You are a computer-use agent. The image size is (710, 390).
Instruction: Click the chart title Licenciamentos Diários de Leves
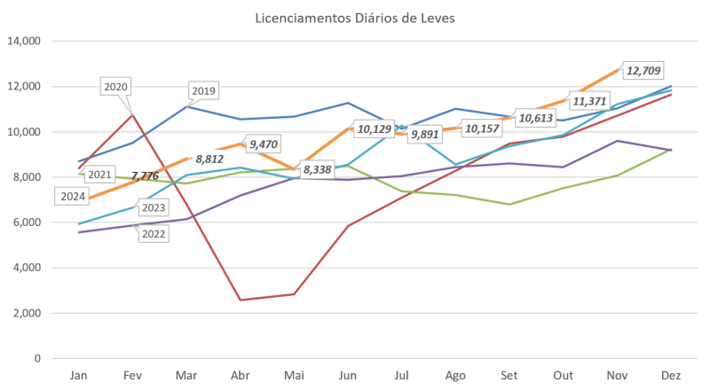click(354, 19)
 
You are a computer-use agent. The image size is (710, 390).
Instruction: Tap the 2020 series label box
click(116, 87)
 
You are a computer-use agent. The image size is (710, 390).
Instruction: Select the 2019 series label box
click(203, 91)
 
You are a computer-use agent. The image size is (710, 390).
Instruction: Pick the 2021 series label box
click(75, 175)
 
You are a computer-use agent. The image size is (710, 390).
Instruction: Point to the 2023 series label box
click(153, 208)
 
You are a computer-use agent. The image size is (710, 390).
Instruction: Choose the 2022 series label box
click(153, 233)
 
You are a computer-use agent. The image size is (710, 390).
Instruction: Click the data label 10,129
click(372, 130)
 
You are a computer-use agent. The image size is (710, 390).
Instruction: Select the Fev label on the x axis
click(132, 375)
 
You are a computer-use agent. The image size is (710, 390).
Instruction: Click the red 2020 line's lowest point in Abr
click(241, 300)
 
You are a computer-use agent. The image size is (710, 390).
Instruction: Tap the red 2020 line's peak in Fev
click(132, 113)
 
